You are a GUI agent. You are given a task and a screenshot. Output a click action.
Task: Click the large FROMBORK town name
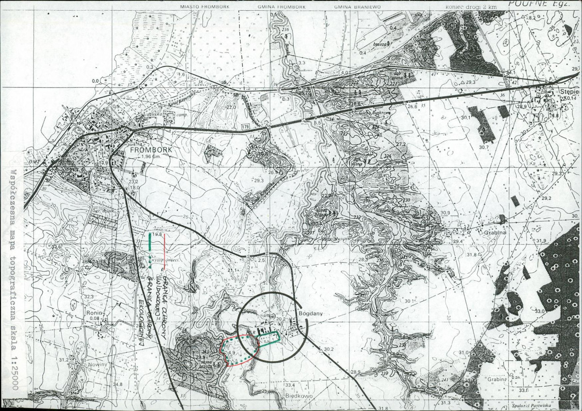[x=150, y=150]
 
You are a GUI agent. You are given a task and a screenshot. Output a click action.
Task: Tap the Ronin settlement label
[x=94, y=313]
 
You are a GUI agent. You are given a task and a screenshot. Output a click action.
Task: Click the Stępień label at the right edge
[x=570, y=91]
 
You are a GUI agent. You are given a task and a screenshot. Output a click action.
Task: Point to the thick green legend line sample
[x=150, y=241]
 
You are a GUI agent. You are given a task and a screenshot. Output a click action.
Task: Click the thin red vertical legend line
[x=165, y=243]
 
